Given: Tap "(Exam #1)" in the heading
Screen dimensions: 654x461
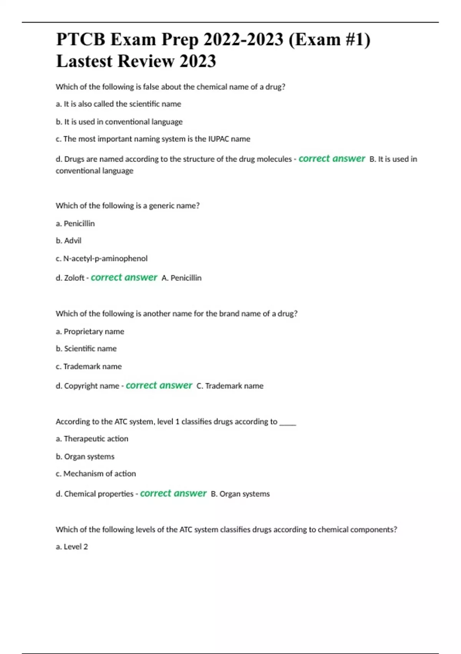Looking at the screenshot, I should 329,40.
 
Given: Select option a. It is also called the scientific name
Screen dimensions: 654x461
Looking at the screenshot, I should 118,104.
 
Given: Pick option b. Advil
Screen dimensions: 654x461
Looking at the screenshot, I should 68,241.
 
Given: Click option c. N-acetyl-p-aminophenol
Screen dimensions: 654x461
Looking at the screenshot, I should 101,259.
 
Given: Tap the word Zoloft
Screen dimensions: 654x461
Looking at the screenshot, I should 74,278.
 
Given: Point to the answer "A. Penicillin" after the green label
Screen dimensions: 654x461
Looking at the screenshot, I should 181,278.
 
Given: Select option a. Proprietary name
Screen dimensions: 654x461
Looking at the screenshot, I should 90,332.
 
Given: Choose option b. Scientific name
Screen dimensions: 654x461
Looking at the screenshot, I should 86,349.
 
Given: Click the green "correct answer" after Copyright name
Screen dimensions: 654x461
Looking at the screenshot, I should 159,385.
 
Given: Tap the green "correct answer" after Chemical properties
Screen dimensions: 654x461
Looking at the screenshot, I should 173,494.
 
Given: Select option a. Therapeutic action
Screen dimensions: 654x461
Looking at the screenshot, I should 92,439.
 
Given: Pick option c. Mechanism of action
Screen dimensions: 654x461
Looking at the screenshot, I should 96,474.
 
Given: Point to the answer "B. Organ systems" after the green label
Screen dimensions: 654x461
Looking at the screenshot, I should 240,494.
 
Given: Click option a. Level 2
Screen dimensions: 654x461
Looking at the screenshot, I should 72,547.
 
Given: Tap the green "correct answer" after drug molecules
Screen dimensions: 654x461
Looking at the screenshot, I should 332,159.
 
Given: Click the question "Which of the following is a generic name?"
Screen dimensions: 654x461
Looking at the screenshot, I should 128,206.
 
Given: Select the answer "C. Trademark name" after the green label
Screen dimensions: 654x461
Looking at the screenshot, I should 230,386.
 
